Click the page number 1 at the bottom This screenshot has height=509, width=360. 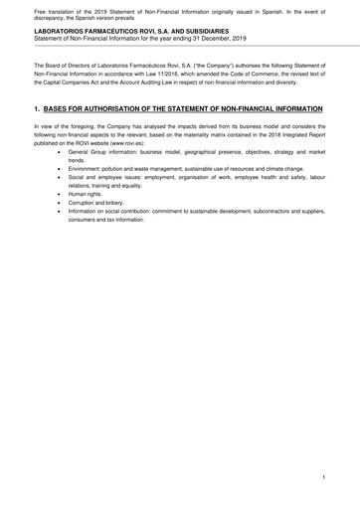point(324,478)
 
